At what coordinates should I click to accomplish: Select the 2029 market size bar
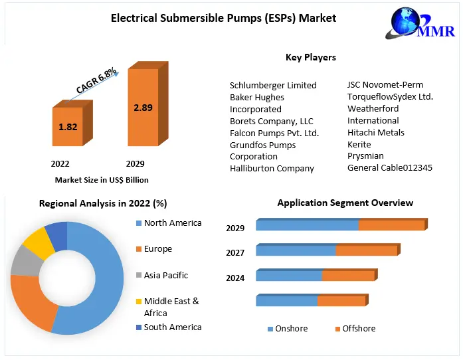[x=143, y=108]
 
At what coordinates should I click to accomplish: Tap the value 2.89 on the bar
[x=143, y=107]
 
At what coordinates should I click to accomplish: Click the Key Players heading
[x=310, y=57]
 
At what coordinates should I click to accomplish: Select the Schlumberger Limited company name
[x=273, y=85]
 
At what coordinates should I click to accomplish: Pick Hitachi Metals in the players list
[x=375, y=132]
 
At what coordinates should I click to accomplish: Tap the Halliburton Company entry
[x=272, y=168]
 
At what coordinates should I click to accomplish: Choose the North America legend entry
[x=172, y=223]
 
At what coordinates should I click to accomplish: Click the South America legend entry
[x=172, y=327]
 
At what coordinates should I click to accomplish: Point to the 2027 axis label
[x=235, y=252]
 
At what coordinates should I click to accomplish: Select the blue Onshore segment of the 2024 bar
[x=289, y=276]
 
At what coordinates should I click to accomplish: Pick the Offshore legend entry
[x=359, y=328]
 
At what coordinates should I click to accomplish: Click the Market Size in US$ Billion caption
[x=101, y=180]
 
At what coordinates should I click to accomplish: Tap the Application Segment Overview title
[x=345, y=203]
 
